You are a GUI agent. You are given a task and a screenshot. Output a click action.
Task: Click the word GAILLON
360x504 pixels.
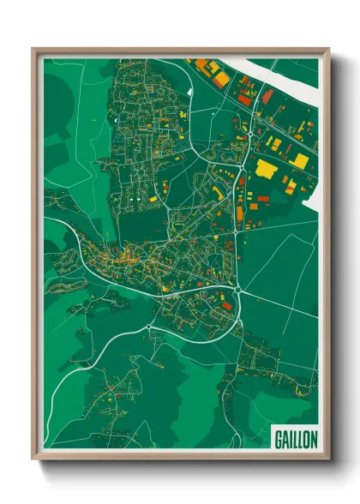click(x=296, y=438)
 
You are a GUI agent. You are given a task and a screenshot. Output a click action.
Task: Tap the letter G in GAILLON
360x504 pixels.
click(x=279, y=438)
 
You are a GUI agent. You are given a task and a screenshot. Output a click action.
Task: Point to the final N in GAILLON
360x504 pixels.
click(x=313, y=438)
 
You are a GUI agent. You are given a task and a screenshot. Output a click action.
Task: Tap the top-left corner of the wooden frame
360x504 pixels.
click(x=33, y=49)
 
